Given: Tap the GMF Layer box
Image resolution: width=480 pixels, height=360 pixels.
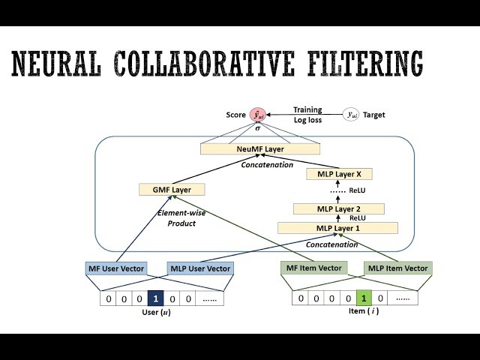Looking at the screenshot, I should tap(166, 190).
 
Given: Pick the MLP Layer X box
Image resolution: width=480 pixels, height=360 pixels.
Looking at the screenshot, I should tap(329, 174).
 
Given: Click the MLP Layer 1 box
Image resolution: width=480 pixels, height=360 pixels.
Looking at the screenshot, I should tap(337, 228).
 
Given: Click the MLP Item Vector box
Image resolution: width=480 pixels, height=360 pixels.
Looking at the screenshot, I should tap(397, 268).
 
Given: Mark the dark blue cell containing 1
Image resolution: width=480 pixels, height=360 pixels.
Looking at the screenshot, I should tap(155, 298).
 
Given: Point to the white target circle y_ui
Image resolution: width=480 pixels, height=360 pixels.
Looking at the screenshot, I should tap(350, 115).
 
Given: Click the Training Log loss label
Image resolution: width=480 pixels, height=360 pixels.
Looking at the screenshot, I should tap(307, 114).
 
